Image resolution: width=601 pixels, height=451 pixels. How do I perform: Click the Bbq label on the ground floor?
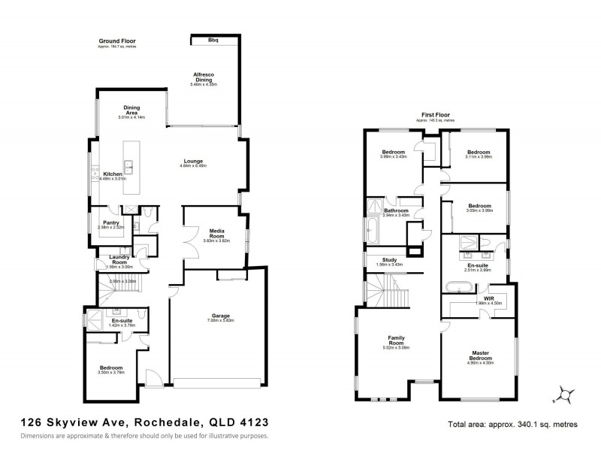pyautogui.click(x=213, y=40)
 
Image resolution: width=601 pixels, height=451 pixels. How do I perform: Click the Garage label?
pyautogui.click(x=219, y=315)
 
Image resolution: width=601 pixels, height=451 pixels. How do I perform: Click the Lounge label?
pyautogui.click(x=193, y=160)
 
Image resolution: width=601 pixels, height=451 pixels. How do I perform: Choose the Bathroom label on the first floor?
pyautogui.click(x=396, y=210)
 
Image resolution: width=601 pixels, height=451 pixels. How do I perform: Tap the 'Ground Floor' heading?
pyautogui.click(x=116, y=41)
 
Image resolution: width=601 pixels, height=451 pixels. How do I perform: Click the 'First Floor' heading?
pyautogui.click(x=436, y=116)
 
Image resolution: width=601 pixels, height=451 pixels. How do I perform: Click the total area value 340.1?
pyautogui.click(x=532, y=425)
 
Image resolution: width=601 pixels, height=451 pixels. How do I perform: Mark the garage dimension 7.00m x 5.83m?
pyautogui.click(x=219, y=320)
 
